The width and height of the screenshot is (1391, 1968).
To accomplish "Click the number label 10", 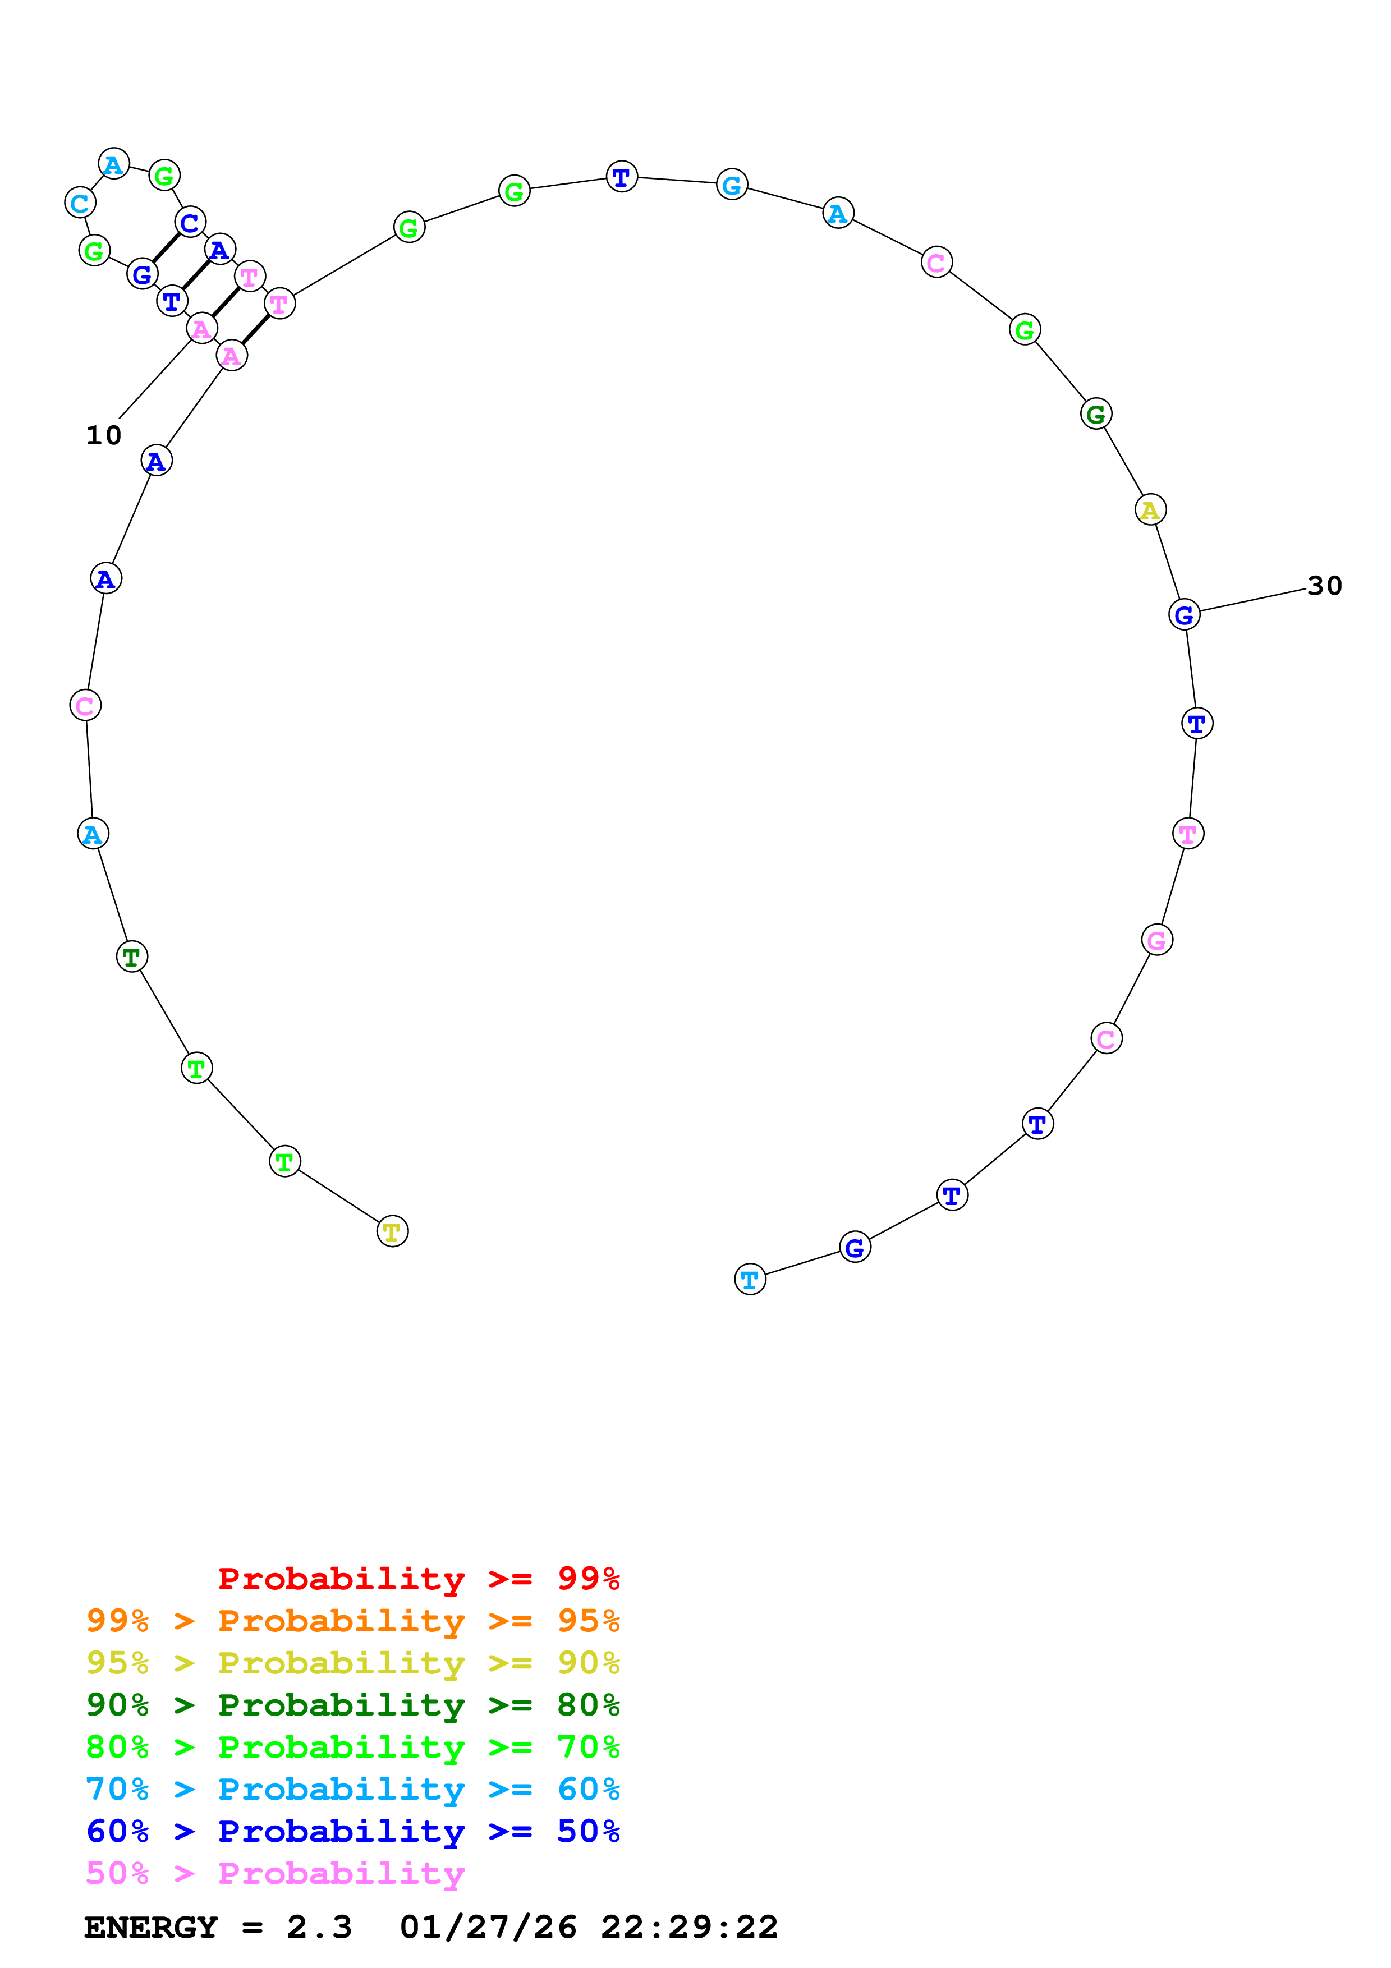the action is click(104, 435).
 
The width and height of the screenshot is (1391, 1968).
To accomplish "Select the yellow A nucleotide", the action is click(1150, 510).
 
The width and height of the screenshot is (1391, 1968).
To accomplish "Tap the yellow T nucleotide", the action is click(393, 1232).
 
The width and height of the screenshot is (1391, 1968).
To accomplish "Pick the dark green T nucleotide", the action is click(132, 957).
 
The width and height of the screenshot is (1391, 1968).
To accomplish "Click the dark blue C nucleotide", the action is click(190, 223).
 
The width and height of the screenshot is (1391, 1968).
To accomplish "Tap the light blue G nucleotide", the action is click(732, 184).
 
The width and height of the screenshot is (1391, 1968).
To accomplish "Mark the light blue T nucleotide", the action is click(750, 1280).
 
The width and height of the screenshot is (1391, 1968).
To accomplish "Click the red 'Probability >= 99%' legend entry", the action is click(418, 1579).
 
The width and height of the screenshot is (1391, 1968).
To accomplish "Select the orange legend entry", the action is click(352, 1621).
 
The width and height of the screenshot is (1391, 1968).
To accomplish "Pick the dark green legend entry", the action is click(352, 1705).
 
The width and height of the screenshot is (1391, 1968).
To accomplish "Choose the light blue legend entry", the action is click(352, 1789).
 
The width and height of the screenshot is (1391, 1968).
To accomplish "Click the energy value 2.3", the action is click(319, 1928).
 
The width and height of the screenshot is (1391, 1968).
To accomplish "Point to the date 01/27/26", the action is click(488, 1928).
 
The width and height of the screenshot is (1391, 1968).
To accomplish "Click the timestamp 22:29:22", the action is click(689, 1928).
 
